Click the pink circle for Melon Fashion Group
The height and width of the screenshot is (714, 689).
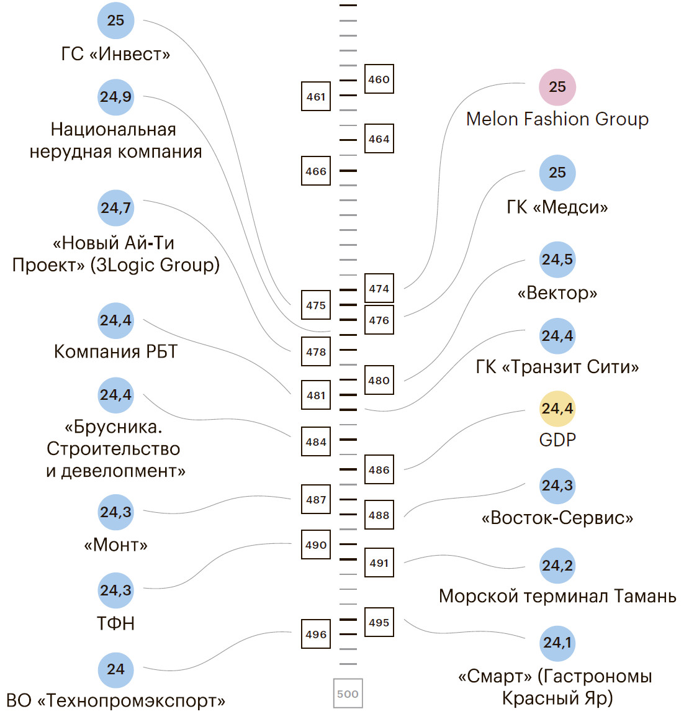[x=557, y=87]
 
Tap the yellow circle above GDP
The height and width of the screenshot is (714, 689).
[x=557, y=409]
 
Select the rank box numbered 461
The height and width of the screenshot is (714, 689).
[x=316, y=96]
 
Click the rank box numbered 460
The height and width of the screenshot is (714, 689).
[x=379, y=79]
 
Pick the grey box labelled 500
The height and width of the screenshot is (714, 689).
[x=348, y=694]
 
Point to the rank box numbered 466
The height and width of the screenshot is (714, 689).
[x=316, y=171]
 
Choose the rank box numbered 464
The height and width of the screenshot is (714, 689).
[x=379, y=138]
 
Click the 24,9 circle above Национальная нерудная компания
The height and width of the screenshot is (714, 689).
[x=116, y=97]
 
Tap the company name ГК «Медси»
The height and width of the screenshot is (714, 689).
[x=557, y=207]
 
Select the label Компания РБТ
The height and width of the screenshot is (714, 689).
[x=116, y=351]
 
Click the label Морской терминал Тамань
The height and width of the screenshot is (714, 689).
[x=557, y=596]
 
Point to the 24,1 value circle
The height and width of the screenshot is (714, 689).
[x=557, y=643]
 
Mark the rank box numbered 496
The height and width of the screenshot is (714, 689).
[x=316, y=634]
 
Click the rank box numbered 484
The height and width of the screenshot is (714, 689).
[x=316, y=441]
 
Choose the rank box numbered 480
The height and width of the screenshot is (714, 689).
[x=379, y=380]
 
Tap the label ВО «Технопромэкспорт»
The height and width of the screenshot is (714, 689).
[x=116, y=701]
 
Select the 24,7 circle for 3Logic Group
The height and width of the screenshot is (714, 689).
[x=116, y=207]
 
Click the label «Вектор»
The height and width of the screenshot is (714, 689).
[x=557, y=292]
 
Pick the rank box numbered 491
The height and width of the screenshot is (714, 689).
[x=379, y=563]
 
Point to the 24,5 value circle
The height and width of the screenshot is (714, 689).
[x=557, y=260]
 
